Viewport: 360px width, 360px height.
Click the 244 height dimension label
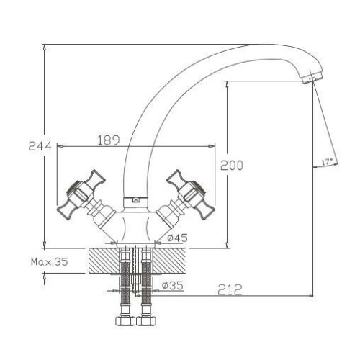(40, 146)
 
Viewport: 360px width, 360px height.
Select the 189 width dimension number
(109, 140)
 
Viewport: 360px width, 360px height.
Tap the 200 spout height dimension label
(232, 166)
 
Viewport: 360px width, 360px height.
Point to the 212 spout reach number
(230, 289)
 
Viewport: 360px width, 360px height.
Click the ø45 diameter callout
(178, 238)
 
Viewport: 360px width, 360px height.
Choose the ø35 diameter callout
(173, 286)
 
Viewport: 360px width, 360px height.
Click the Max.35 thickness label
(50, 261)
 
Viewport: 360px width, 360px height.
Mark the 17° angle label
(327, 162)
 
